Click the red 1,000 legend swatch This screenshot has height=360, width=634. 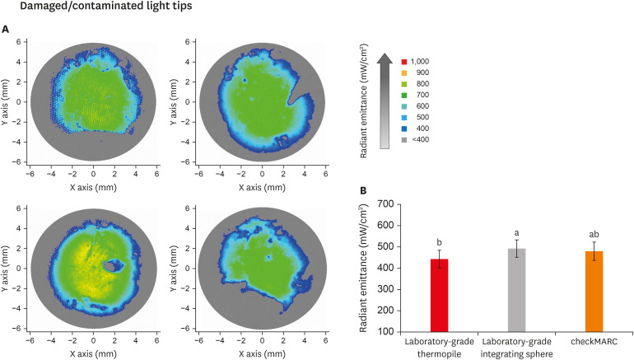click(x=403, y=62)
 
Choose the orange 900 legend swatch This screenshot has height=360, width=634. click(x=403, y=73)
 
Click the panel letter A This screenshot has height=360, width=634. click(x=7, y=29)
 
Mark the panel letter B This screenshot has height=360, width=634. click(x=363, y=190)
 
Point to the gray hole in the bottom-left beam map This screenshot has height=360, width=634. click(x=112, y=266)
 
